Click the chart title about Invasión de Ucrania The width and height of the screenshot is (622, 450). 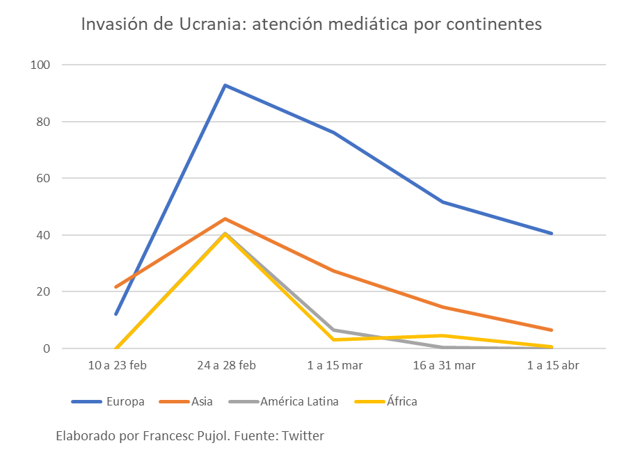(x=311, y=24)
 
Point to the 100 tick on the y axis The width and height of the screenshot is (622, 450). (x=42, y=65)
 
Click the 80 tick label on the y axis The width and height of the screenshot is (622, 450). (x=45, y=122)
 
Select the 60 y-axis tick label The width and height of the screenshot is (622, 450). (x=45, y=178)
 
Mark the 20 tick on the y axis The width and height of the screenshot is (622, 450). (x=45, y=291)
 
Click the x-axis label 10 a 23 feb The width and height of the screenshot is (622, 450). (x=116, y=365)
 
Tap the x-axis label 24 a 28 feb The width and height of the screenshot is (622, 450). (x=225, y=365)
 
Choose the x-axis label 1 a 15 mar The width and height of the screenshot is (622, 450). (x=334, y=365)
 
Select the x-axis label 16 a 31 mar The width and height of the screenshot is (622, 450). (x=443, y=365)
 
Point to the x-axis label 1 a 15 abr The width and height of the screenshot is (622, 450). (x=552, y=365)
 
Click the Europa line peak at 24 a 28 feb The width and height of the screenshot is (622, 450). (x=225, y=85)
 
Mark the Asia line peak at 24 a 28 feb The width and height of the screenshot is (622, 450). (x=225, y=218)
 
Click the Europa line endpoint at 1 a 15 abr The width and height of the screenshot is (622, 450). (x=552, y=233)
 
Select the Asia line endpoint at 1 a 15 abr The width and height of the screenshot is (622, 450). (x=552, y=330)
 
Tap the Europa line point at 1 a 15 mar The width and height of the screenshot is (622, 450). (x=334, y=132)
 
